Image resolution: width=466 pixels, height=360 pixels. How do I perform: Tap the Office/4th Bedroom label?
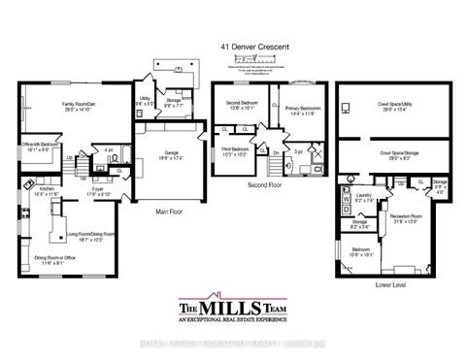pyautogui.click(x=37, y=148)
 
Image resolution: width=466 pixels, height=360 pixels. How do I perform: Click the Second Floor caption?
pyautogui.click(x=264, y=183)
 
